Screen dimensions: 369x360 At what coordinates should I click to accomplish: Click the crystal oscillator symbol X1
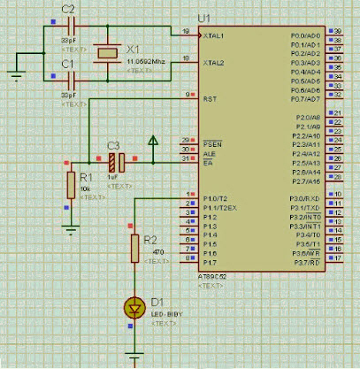pyautogui.click(x=107, y=53)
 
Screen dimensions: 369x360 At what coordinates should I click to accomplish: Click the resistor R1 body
pyautogui.click(x=71, y=185)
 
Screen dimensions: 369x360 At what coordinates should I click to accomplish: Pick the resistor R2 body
pyautogui.click(x=135, y=249)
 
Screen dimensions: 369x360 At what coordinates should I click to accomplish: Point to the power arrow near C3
pyautogui.click(x=154, y=141)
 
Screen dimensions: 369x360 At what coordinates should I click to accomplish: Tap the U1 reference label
pyautogui.click(x=205, y=18)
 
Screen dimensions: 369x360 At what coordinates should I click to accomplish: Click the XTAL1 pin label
pyautogui.click(x=214, y=35)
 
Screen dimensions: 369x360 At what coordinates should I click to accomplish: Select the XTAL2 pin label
pyautogui.click(x=214, y=64)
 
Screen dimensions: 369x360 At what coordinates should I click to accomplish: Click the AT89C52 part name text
pyautogui.click(x=212, y=277)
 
